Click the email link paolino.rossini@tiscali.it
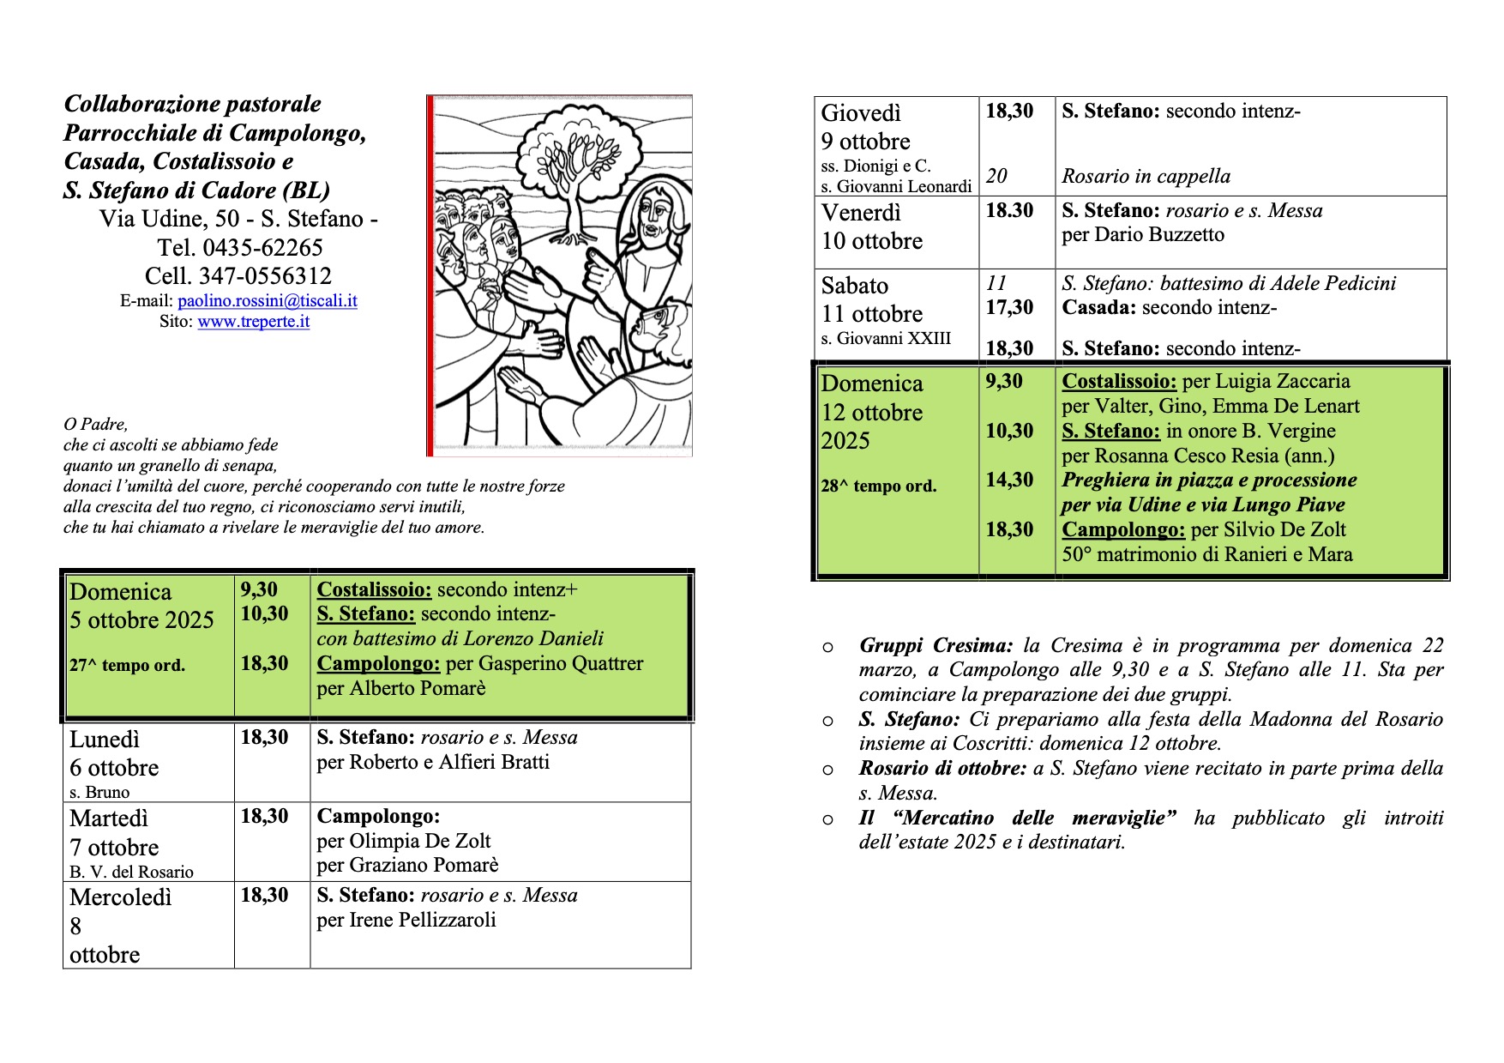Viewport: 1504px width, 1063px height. (x=267, y=301)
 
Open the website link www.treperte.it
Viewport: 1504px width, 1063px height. (x=253, y=322)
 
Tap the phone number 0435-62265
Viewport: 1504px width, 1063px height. (x=262, y=248)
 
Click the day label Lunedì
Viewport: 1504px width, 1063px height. (x=105, y=740)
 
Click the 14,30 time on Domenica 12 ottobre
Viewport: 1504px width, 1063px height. (x=1009, y=480)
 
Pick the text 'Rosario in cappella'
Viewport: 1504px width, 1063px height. (x=1146, y=177)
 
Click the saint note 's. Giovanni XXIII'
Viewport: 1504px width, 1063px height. (x=886, y=339)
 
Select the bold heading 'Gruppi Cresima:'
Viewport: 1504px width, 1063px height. (x=935, y=646)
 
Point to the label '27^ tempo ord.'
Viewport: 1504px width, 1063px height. (x=127, y=665)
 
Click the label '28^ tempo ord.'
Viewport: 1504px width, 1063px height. (x=878, y=486)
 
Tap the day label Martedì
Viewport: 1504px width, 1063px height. (x=109, y=818)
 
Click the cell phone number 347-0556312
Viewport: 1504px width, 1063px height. (x=265, y=276)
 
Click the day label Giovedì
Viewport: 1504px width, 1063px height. (x=861, y=113)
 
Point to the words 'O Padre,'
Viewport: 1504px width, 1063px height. (x=95, y=425)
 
